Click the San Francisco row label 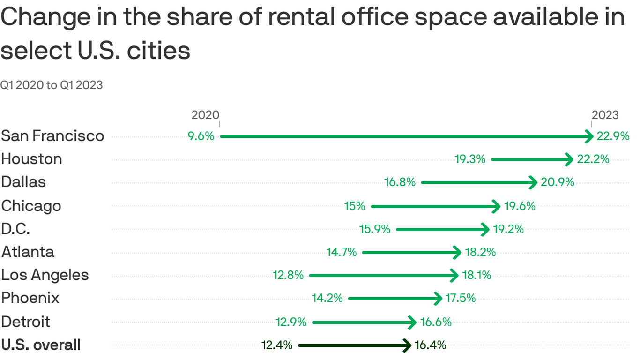[x=52, y=136]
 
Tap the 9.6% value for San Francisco [x=201, y=136]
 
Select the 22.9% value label [x=613, y=136]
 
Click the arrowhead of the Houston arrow [x=569, y=159]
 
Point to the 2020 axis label [x=205, y=115]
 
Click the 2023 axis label [x=605, y=115]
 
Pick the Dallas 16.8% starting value [x=400, y=182]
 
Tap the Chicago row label [x=31, y=206]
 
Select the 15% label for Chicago [x=355, y=206]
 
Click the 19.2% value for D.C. [x=508, y=229]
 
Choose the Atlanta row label [x=28, y=252]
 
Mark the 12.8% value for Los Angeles [x=289, y=275]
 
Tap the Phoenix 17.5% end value [x=460, y=298]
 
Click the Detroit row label [x=25, y=322]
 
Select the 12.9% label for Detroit [x=291, y=322]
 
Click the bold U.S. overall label [x=41, y=345]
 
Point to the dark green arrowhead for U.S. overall [x=407, y=345]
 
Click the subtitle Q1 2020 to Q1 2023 [x=52, y=85]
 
